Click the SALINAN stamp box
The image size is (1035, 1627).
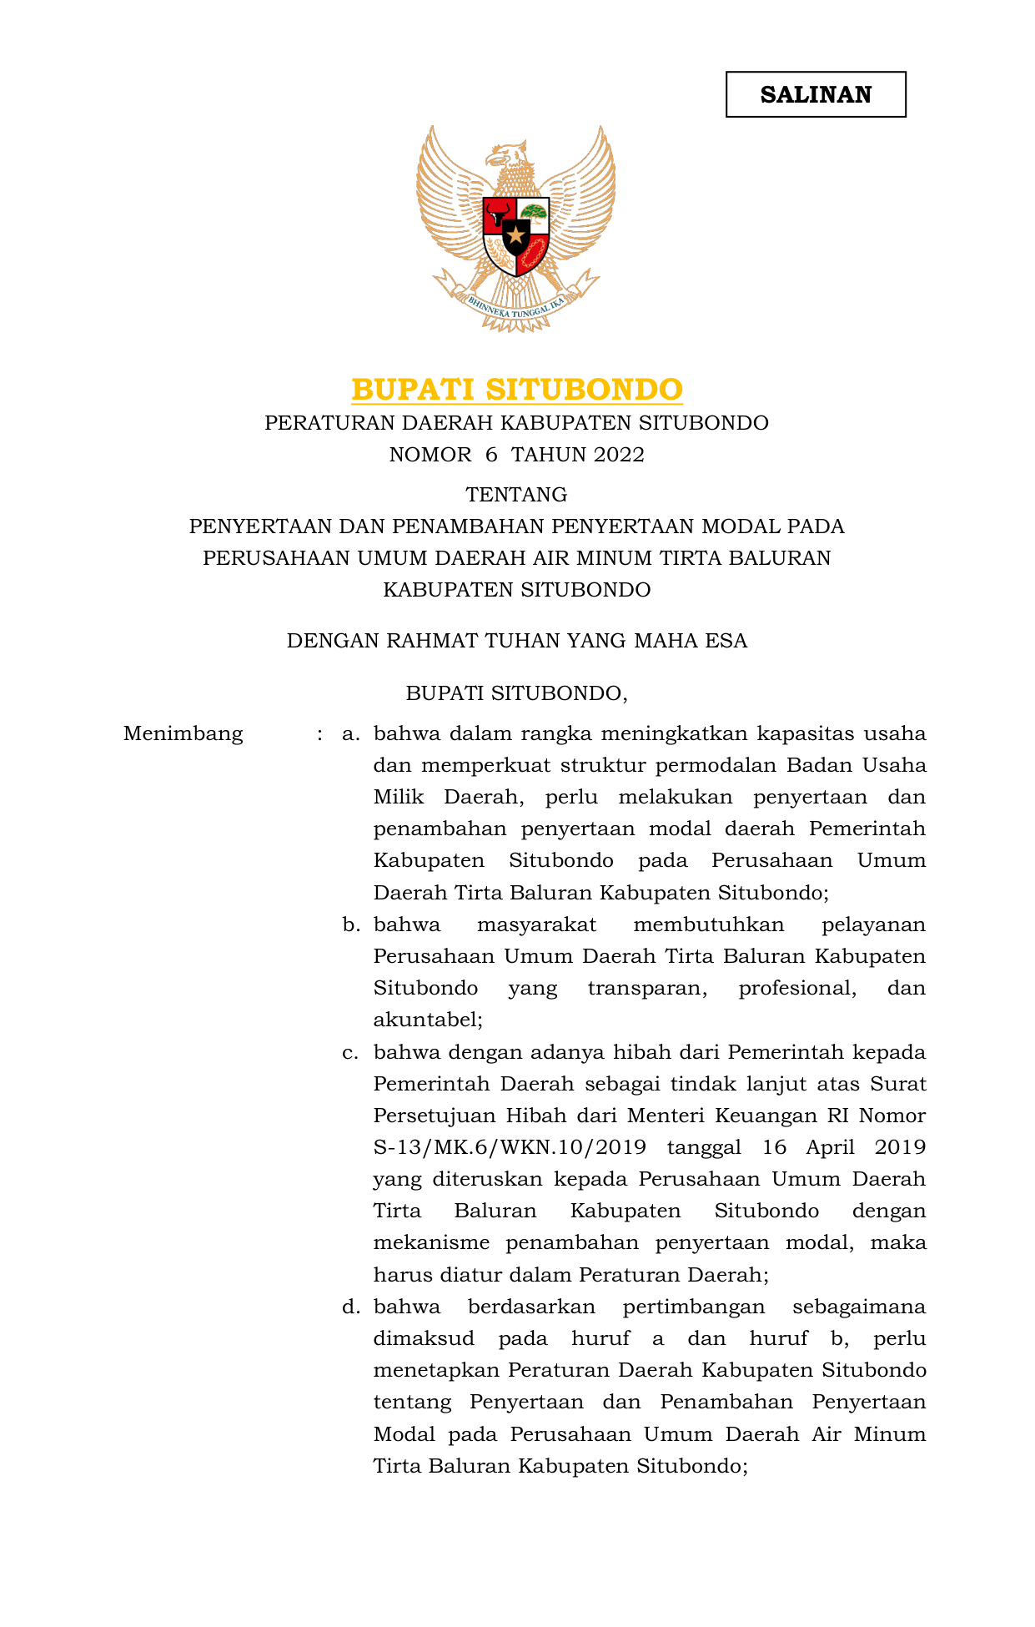tap(816, 94)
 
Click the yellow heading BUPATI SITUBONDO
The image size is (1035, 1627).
tap(517, 390)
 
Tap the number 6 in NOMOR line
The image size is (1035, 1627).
tap(490, 455)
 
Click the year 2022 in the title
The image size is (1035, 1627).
tap(619, 455)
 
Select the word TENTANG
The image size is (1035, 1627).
tap(516, 495)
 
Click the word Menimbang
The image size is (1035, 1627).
tap(183, 734)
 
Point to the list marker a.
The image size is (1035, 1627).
tap(350, 734)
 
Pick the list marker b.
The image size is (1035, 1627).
tap(350, 924)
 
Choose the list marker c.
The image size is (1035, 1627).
tap(350, 1053)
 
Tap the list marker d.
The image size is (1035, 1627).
tap(350, 1307)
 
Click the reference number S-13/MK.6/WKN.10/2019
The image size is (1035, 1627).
tap(510, 1147)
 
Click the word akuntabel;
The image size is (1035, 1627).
tap(428, 1020)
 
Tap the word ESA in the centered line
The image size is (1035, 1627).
tap(726, 641)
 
